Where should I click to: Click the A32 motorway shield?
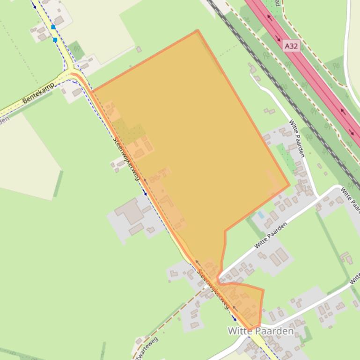click(x=291, y=46)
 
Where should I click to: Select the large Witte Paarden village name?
click(x=261, y=331)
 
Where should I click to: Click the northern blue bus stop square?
click(x=53, y=28)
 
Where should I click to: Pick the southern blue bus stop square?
click(x=55, y=40)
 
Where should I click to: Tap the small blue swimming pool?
click(x=260, y=215)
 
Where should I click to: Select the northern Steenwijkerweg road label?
click(x=127, y=157)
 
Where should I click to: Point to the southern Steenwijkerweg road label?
click(x=213, y=289)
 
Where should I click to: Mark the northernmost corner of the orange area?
click(x=198, y=31)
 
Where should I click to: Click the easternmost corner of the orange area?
click(x=289, y=184)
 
